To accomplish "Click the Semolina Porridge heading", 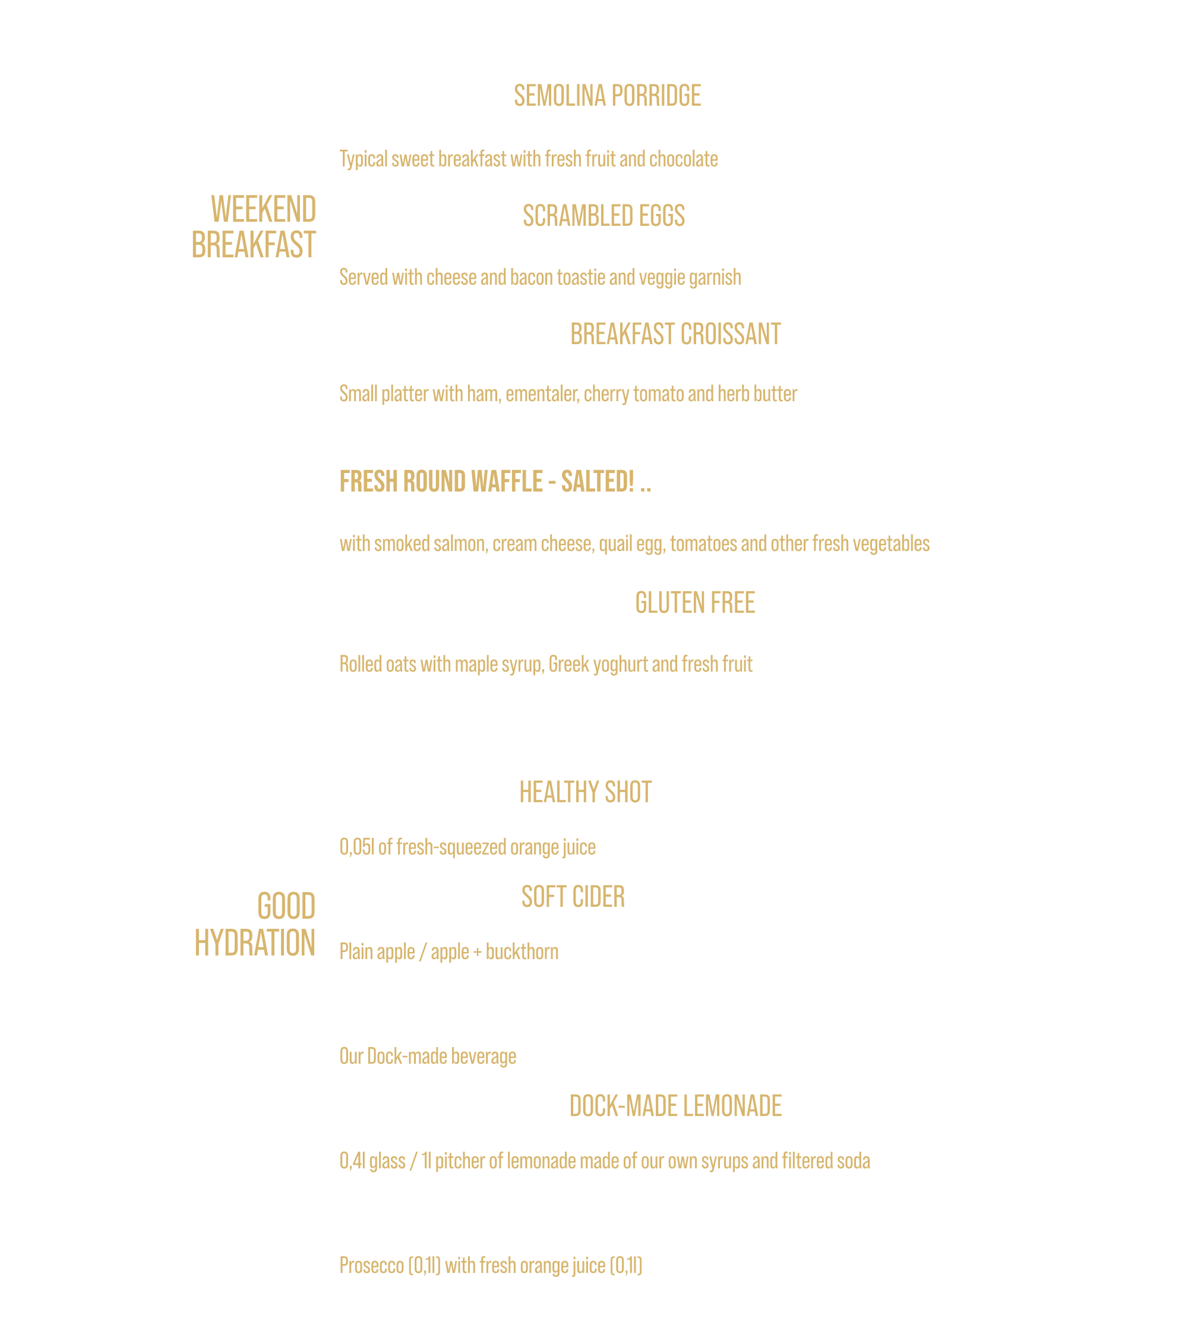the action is coord(607,96).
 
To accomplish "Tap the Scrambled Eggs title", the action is coord(604,216).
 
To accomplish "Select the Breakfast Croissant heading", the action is coord(675,335).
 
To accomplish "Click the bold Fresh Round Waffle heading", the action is coord(495,482).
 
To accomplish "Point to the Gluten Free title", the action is coord(695,603).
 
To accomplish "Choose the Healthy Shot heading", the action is coord(586,792).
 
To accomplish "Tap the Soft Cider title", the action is coord(573,897).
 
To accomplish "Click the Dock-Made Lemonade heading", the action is coord(675,1105).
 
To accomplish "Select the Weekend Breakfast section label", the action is coord(254,227).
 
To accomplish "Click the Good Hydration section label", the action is coord(255,925).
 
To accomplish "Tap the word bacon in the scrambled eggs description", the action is coord(532,278).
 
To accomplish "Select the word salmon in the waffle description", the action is coord(461,544).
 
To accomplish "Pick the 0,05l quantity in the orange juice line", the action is coord(357,847).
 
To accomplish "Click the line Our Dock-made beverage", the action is coord(428,1056).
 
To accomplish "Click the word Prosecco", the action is coord(372,1266).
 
